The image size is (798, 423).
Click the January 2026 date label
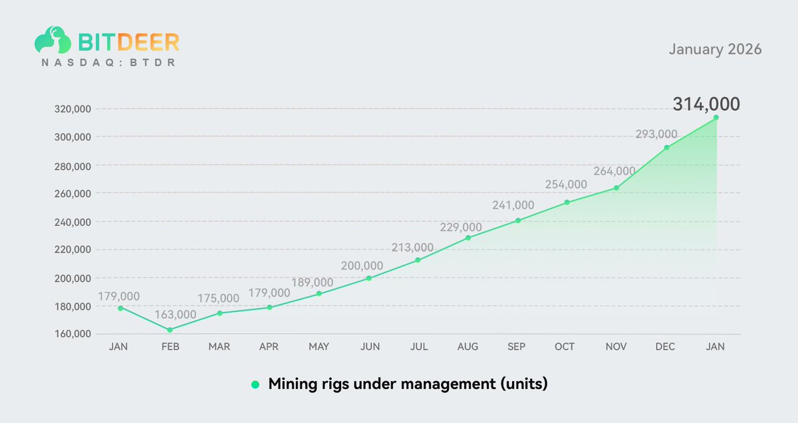pyautogui.click(x=715, y=50)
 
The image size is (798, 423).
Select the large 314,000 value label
pyautogui.click(x=706, y=104)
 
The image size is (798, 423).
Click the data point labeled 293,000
pyautogui.click(x=666, y=147)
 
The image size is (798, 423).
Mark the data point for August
pyautogui.click(x=468, y=238)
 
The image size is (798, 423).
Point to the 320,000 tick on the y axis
pyautogui.click(x=72, y=109)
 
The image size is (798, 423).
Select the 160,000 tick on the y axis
pyautogui.click(x=72, y=334)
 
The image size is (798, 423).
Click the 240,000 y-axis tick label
pyautogui.click(x=72, y=222)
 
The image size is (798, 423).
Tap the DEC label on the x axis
pyautogui.click(x=666, y=347)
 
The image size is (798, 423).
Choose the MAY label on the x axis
pyautogui.click(x=319, y=347)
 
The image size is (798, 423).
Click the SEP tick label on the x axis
pyautogui.click(x=517, y=347)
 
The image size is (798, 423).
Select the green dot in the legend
pyautogui.click(x=255, y=384)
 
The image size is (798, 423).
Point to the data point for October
pyautogui.click(x=567, y=203)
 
